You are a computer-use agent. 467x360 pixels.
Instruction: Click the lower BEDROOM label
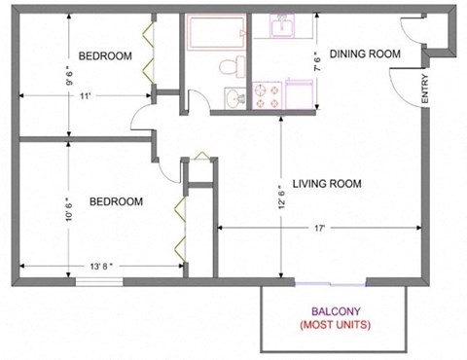click(x=116, y=201)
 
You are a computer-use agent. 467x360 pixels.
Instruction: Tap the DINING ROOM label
click(x=365, y=54)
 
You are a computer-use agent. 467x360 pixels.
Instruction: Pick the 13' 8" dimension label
click(x=101, y=265)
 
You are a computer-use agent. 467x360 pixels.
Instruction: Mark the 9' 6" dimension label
click(x=68, y=75)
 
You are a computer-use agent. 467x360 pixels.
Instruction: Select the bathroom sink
click(x=234, y=97)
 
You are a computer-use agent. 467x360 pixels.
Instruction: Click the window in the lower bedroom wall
click(x=101, y=283)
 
